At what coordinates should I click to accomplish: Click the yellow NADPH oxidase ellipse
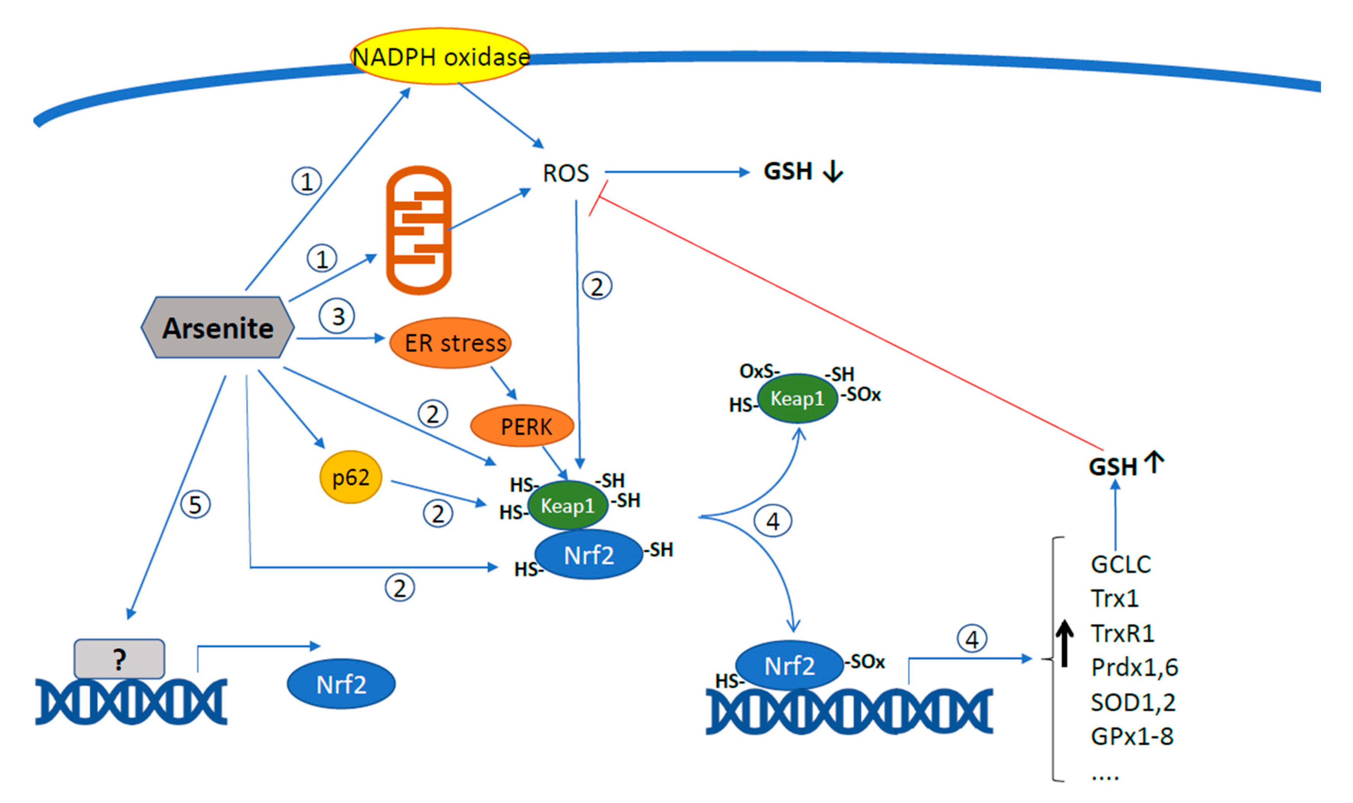(x=440, y=56)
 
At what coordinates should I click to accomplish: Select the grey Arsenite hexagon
(x=217, y=327)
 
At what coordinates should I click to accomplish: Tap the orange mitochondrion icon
(x=418, y=230)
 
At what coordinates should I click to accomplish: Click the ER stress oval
(x=450, y=343)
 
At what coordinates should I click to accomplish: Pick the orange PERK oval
(x=522, y=426)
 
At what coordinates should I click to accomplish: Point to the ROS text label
(x=565, y=173)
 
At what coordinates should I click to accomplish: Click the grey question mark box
(x=119, y=659)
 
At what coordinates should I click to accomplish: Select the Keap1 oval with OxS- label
(x=797, y=398)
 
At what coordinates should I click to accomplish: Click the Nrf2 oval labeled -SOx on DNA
(x=789, y=665)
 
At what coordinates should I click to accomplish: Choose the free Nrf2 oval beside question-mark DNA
(x=341, y=684)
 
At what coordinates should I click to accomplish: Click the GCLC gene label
(x=1120, y=564)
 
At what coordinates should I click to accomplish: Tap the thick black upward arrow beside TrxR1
(x=1065, y=643)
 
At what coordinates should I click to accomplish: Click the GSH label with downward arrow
(x=802, y=171)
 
